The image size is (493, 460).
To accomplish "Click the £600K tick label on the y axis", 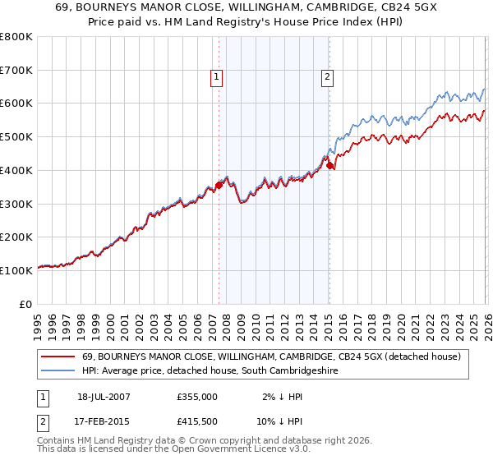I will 16,103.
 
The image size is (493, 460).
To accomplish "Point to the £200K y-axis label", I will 16,237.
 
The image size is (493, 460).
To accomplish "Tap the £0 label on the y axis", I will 26,304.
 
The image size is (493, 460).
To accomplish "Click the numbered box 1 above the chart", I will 217,77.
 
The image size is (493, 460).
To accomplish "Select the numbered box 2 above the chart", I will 327,77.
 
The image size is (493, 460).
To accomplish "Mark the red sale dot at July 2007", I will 219,185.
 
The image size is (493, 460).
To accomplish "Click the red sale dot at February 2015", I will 329,165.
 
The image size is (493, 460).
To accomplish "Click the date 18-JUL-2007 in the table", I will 105,396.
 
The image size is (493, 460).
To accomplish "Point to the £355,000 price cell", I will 196,396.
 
